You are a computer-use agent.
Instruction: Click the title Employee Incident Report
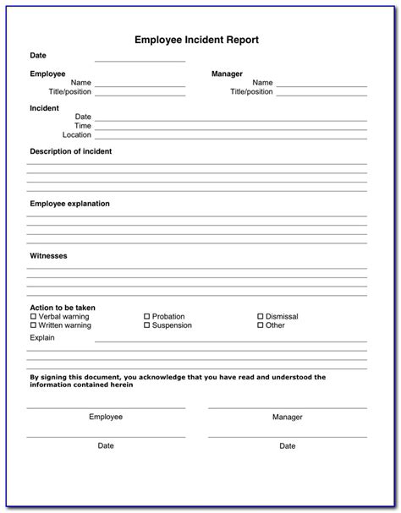(x=196, y=39)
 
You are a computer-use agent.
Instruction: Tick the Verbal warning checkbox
(x=33, y=317)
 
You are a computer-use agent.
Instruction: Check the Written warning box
(x=33, y=325)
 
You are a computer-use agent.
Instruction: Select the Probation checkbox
(x=146, y=317)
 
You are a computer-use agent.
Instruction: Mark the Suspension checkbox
(x=146, y=325)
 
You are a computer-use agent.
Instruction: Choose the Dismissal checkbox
(x=260, y=317)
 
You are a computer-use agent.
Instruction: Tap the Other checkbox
(x=260, y=325)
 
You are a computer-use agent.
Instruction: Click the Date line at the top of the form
(x=140, y=61)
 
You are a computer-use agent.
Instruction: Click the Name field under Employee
(x=140, y=85)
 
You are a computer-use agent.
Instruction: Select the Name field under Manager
(x=321, y=85)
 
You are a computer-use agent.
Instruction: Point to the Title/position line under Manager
(x=321, y=94)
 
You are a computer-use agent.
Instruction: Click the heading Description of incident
(x=71, y=151)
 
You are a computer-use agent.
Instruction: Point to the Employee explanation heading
(x=69, y=204)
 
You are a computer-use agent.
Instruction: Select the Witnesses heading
(x=48, y=255)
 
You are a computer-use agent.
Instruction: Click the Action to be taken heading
(x=63, y=308)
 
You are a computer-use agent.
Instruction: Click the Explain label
(x=42, y=337)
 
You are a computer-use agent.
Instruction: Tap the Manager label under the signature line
(x=288, y=417)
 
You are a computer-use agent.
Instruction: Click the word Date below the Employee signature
(x=106, y=445)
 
